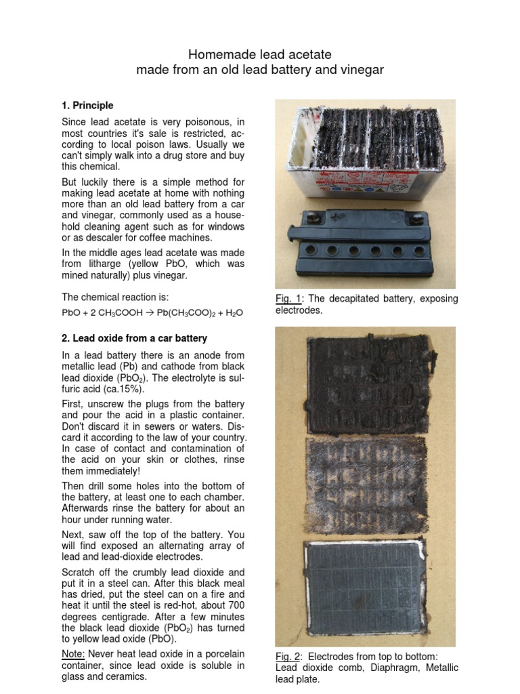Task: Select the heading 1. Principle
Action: pos(87,106)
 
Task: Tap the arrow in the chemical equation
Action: pos(146,312)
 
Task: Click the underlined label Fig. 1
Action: pos(287,299)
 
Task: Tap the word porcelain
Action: pos(220,653)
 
